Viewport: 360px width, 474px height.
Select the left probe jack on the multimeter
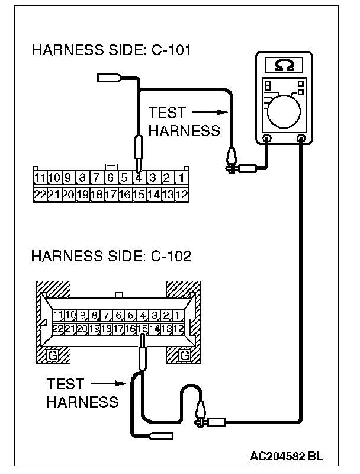pos(266,139)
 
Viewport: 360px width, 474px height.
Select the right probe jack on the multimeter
pos(302,139)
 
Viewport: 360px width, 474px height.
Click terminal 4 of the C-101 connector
pos(138,177)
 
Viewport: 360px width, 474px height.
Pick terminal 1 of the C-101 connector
pos(181,177)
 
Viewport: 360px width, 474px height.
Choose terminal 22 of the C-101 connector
pos(40,193)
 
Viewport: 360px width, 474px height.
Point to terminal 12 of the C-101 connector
pos(181,193)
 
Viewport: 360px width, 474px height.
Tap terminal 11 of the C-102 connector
pos(57,315)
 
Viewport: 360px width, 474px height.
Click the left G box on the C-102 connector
pos(52,355)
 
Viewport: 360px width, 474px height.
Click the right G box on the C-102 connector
pos(184,355)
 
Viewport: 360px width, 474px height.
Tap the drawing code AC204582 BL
pos(287,456)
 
